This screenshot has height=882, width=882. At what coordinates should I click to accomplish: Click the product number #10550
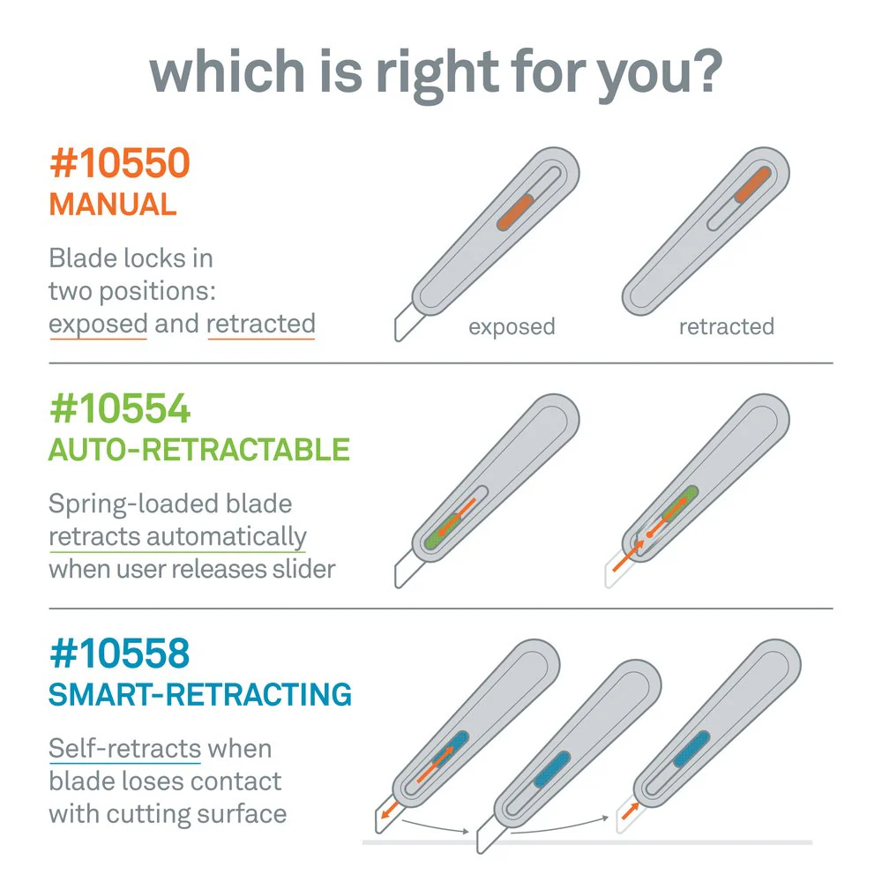[x=120, y=163]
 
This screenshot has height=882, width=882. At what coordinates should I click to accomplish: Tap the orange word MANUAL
[x=113, y=205]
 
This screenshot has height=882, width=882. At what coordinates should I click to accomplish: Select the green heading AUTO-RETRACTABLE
[x=199, y=450]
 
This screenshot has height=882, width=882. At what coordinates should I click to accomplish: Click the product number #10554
[x=120, y=408]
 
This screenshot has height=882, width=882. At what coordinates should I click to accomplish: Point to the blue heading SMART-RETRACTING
[x=200, y=695]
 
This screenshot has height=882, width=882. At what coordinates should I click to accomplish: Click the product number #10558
[x=120, y=654]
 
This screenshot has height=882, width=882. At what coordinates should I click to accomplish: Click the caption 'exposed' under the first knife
[x=512, y=327]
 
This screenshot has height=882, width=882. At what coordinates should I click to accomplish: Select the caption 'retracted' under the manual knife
[x=727, y=326]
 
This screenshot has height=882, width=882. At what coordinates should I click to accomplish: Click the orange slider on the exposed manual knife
[x=515, y=212]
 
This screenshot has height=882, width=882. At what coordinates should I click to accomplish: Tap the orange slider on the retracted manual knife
[x=752, y=184]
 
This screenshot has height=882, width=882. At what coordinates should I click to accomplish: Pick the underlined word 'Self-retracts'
[x=125, y=749]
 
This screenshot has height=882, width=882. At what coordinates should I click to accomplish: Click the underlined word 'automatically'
[x=227, y=537]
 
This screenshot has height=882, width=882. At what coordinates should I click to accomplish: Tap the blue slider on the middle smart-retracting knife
[x=552, y=769]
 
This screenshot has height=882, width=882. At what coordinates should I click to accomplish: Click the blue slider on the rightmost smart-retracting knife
[x=691, y=749]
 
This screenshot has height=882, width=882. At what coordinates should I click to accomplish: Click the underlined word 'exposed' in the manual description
[x=98, y=325]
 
